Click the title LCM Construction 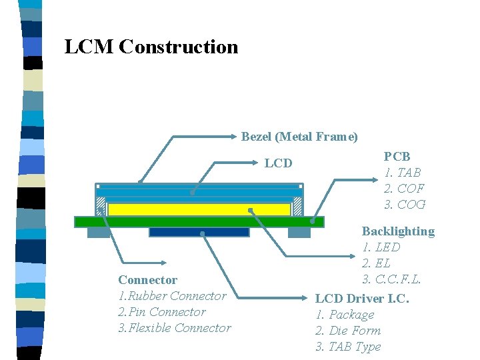click(151, 47)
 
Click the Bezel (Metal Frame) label click(299, 137)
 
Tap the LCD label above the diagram click(278, 163)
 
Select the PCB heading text click(397, 157)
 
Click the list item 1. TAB click(402, 173)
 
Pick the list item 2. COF click(404, 189)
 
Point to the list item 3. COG click(405, 205)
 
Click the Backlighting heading click(398, 231)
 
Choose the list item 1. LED click(381, 247)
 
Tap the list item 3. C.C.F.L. click(392, 279)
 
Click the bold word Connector click(147, 280)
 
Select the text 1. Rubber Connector click(172, 296)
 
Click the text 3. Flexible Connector click(174, 328)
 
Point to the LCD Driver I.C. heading click(362, 298)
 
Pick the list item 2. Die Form click(348, 331)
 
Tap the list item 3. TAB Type click(348, 347)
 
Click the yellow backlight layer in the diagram click(199, 209)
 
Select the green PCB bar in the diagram click(199, 222)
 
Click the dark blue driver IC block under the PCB click(199, 232)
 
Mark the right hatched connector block click(297, 205)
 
